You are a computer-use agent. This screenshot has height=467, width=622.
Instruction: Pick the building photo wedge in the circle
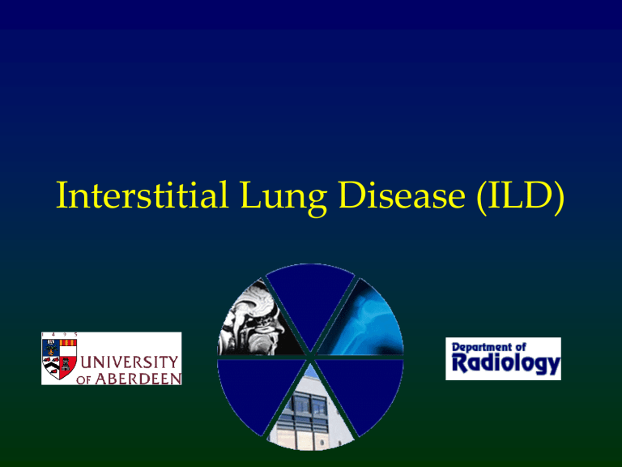[311, 413]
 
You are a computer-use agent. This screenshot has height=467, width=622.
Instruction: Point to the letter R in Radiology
[458, 366]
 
